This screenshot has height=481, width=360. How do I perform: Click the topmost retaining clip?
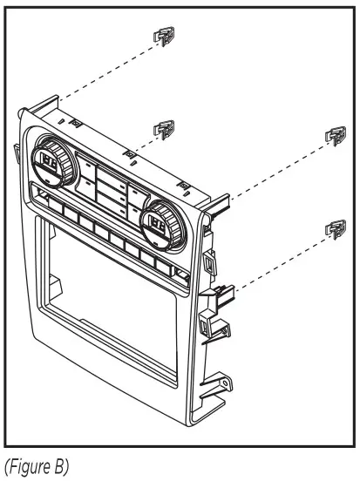163,37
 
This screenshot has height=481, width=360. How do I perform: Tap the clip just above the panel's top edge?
162,130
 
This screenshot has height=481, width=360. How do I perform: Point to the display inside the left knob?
47,162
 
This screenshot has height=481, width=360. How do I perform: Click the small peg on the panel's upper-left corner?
20,113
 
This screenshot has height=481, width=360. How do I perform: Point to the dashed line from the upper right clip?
270,170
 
